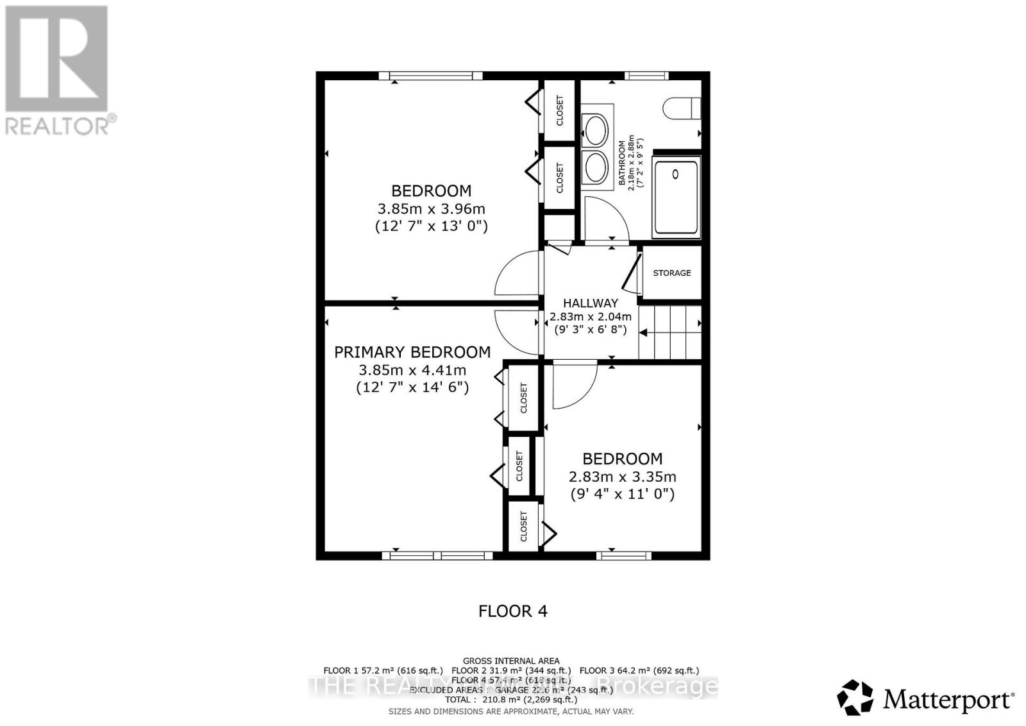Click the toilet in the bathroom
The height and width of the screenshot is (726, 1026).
pyautogui.click(x=682, y=108)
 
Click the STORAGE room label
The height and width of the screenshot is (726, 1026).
pyautogui.click(x=671, y=273)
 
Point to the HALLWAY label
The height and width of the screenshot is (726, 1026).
pyautogui.click(x=590, y=303)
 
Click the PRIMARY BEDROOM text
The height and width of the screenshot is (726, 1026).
pyautogui.click(x=412, y=352)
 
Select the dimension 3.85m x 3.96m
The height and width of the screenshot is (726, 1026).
pyautogui.click(x=431, y=209)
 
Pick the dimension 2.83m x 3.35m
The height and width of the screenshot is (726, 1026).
pyautogui.click(x=622, y=477)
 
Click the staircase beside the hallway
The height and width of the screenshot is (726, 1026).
pyautogui.click(x=670, y=332)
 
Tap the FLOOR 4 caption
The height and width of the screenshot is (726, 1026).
pyautogui.click(x=513, y=611)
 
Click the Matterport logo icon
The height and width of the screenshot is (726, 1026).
pyautogui.click(x=855, y=697)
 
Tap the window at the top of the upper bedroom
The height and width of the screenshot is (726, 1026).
pyautogui.click(x=430, y=76)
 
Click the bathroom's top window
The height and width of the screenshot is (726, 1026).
pyautogui.click(x=646, y=76)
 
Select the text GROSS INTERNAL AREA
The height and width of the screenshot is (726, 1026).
pyautogui.click(x=511, y=661)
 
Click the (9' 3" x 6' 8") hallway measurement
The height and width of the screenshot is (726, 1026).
pyautogui.click(x=590, y=330)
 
